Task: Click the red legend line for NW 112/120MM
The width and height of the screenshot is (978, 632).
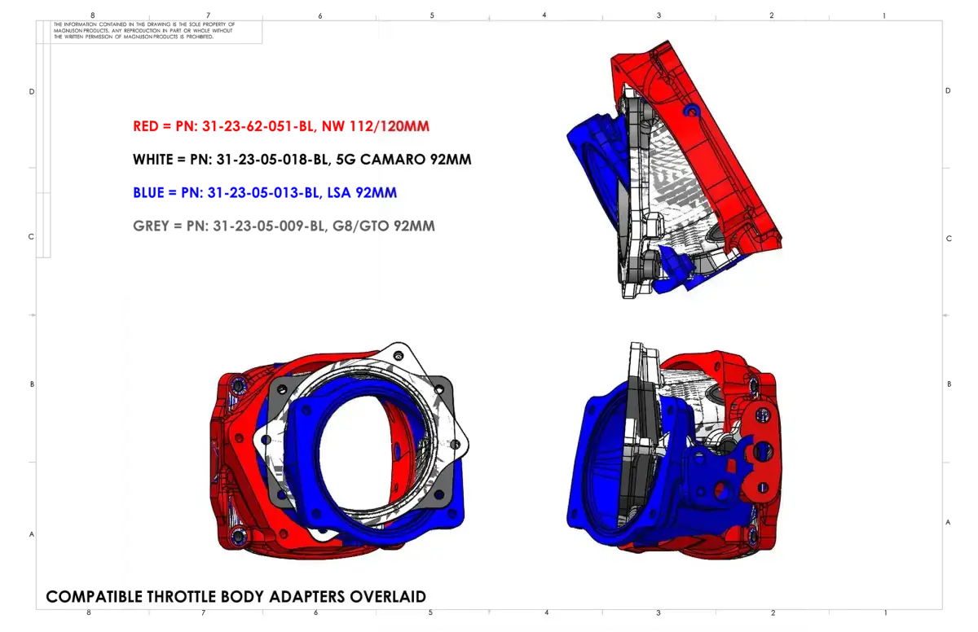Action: tap(281, 126)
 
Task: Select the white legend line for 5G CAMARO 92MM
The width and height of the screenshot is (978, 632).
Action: tap(302, 159)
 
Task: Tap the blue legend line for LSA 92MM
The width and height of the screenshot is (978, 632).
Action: tap(265, 192)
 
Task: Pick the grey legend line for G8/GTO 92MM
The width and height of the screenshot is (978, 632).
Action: tap(284, 226)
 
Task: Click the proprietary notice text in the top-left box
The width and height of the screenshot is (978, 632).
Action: tap(144, 30)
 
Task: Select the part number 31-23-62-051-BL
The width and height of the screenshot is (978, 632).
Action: tap(258, 126)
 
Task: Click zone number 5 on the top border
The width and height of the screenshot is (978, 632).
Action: tap(432, 15)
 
